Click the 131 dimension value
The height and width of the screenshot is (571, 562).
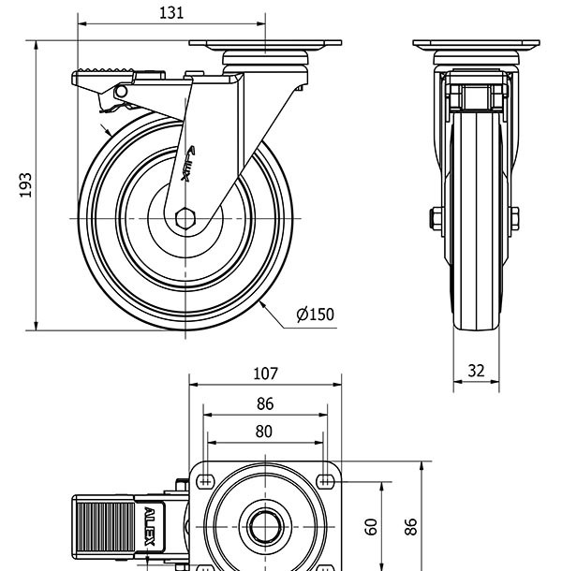click(171, 12)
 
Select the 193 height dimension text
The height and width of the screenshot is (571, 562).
click(26, 183)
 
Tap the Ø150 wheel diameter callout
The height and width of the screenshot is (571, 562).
click(315, 315)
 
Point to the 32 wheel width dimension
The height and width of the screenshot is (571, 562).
click(476, 371)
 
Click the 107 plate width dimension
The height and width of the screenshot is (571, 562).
click(265, 373)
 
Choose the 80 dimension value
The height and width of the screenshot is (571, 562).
click(264, 432)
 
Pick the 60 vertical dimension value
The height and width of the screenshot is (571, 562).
click(371, 527)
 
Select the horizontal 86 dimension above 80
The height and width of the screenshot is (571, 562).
click(265, 404)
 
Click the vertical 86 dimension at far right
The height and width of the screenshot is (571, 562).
click(410, 526)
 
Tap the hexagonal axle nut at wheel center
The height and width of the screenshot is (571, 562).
click(185, 218)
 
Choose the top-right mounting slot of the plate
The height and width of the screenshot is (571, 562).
click(325, 481)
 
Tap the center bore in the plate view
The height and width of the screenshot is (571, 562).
click(265, 526)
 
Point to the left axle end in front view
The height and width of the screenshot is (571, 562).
click(436, 218)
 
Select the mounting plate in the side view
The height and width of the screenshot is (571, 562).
click(265, 43)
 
